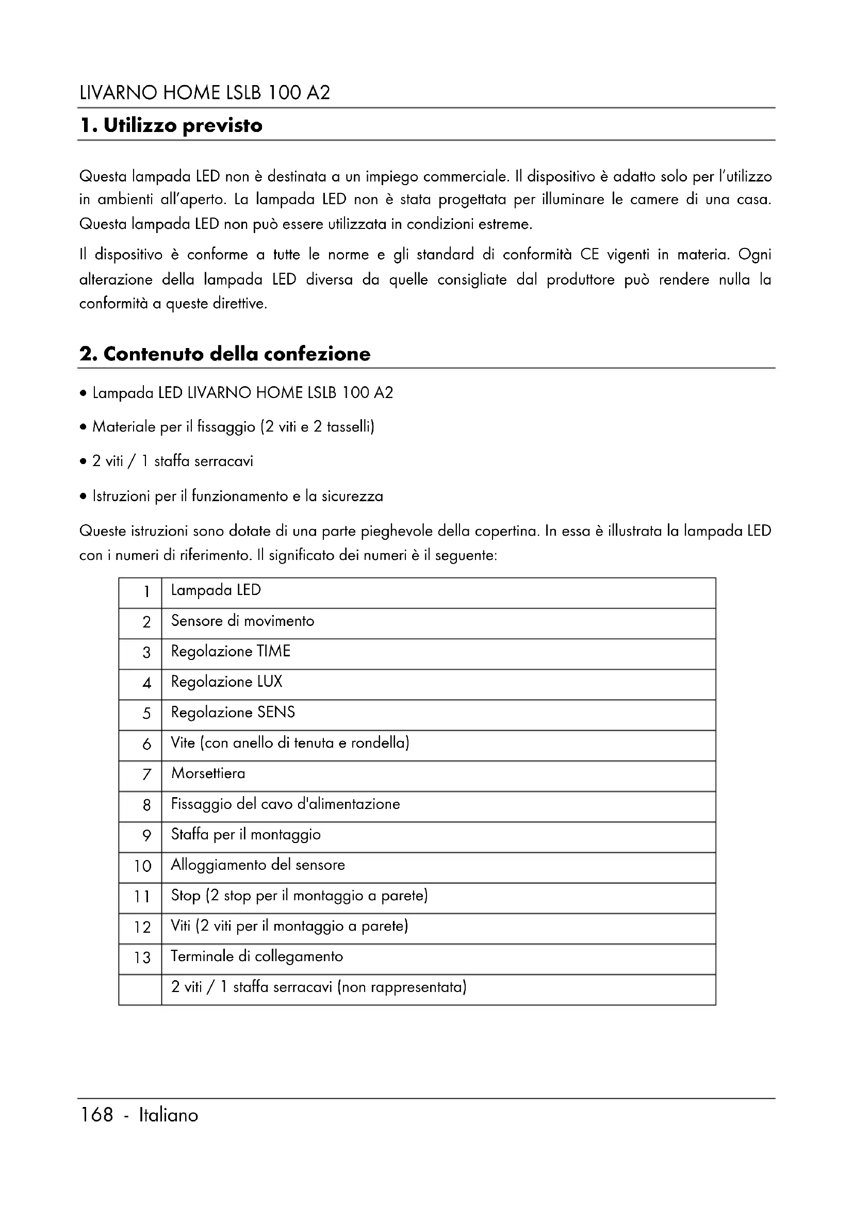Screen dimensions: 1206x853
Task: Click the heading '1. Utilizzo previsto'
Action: coord(171,125)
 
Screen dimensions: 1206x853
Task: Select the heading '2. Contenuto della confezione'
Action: coord(225,354)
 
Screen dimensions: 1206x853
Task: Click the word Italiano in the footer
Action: coord(168,1115)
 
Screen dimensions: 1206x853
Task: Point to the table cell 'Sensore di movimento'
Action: coord(243,621)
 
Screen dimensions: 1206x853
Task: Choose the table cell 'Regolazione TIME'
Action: coord(231,652)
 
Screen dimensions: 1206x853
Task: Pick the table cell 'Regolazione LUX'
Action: coord(226,682)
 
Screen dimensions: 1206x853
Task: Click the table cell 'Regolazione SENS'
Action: coord(233,713)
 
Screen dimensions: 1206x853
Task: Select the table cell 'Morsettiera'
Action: coord(208,774)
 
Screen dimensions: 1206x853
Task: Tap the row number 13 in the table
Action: coord(142,958)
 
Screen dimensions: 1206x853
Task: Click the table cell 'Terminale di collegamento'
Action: coord(257,956)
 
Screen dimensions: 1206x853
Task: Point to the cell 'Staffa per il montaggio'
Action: coord(246,835)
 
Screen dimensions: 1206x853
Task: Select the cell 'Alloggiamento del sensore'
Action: coord(258,865)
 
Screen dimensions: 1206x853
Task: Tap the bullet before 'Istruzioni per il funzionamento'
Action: coord(83,497)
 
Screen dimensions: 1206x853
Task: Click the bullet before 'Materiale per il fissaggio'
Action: coord(83,427)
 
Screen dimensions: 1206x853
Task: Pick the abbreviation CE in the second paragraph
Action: coord(589,255)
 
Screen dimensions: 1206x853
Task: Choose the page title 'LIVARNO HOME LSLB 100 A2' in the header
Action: coord(205,93)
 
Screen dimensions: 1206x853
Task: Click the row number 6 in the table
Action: coord(146,745)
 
